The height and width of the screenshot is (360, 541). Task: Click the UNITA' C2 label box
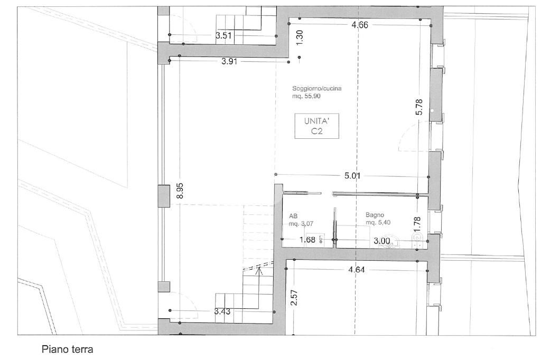coord(316,126)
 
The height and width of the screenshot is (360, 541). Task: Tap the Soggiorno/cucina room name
coord(317,88)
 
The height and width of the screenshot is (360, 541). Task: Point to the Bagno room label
coord(375,215)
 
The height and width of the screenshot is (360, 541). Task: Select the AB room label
coord(293,216)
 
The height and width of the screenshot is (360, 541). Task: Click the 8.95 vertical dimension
coord(180,191)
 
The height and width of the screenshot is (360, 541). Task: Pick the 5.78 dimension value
coord(419,107)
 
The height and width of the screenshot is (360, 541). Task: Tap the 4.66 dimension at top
coord(360,25)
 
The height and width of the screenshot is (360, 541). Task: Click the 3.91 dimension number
coord(229,62)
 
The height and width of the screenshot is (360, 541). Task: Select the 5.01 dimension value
coord(352,176)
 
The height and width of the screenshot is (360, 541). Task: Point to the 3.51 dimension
coord(223,35)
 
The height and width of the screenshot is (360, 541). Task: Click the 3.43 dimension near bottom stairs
coord(222,311)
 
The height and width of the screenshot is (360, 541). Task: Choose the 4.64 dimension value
coord(357,270)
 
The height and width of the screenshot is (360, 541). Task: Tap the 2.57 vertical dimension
coord(294,297)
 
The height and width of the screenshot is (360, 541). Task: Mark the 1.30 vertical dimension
coord(300,37)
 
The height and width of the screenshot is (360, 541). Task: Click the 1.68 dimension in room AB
coord(307,239)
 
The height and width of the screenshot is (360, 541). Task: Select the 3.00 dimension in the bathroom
coord(382,241)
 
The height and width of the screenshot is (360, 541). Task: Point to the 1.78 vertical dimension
coord(417,224)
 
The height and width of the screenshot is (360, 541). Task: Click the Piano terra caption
coord(67,349)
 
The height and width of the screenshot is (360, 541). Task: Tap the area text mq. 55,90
coord(306,96)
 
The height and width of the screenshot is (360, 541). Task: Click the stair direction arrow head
coord(259,271)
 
